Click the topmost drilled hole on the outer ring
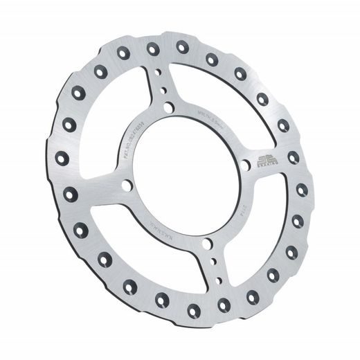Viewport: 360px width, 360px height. coord(182,46)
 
